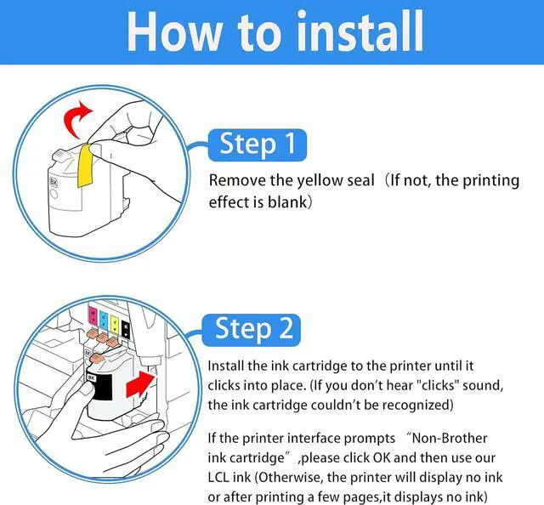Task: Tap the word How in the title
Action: [174, 31]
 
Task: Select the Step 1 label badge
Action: [258, 145]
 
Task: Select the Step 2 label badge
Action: [252, 330]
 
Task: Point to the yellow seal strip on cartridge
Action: [85, 165]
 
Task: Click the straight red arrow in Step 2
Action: [139, 384]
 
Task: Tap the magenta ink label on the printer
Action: [93, 316]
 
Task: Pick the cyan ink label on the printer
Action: [104, 320]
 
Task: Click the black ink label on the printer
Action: [126, 329]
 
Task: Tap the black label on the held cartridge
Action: [99, 386]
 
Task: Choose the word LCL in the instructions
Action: [218, 478]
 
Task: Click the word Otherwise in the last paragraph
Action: [291, 478]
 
